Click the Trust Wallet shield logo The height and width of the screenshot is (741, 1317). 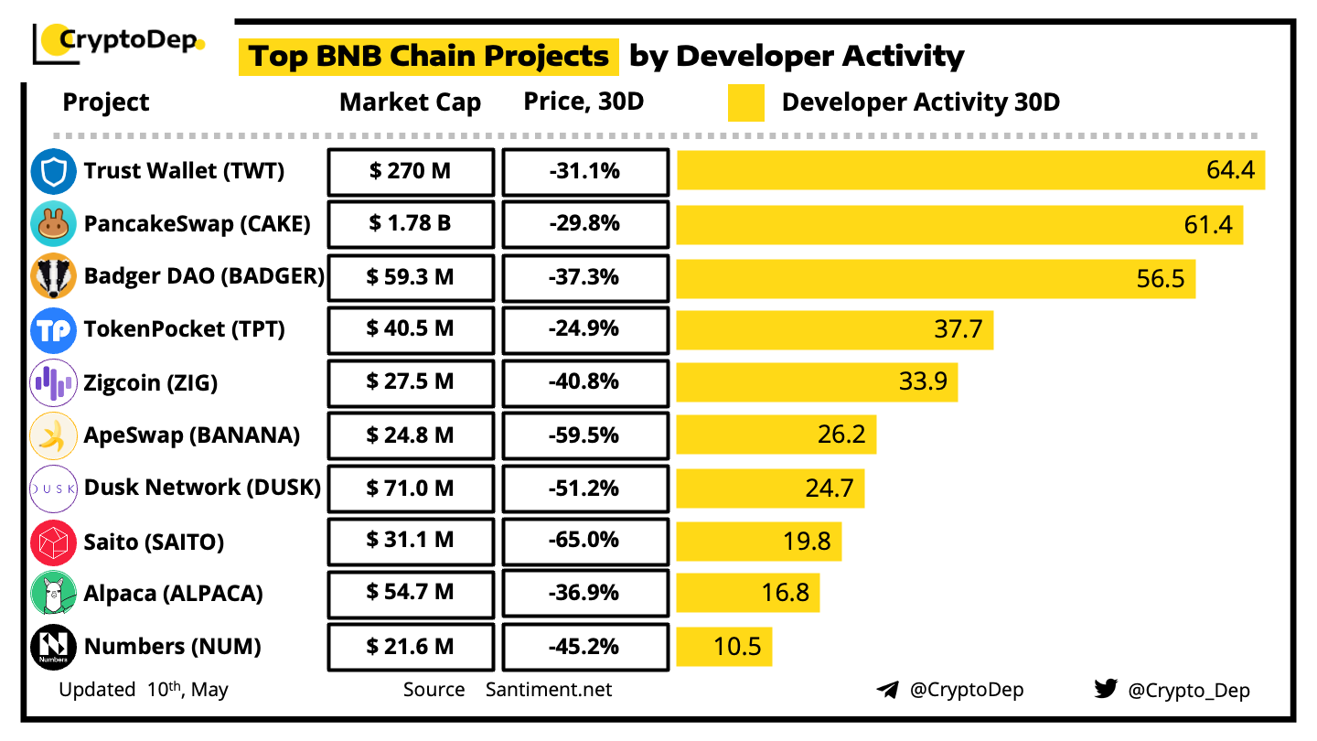point(53,171)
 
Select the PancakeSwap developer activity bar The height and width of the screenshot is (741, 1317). point(959,223)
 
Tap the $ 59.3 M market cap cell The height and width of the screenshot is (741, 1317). point(411,276)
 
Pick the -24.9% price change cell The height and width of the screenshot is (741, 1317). point(585,328)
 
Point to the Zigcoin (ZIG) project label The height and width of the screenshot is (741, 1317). point(151,382)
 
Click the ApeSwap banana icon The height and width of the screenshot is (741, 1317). point(53,435)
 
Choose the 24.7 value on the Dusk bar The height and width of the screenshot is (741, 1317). point(830,489)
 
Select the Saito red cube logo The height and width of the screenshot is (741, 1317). point(53,542)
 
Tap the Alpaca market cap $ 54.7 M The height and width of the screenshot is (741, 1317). point(411,593)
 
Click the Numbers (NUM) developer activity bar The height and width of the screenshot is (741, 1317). point(724,647)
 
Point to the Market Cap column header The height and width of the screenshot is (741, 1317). point(410,102)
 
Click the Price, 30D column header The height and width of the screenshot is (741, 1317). point(584,102)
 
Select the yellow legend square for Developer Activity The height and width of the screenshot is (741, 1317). point(746,103)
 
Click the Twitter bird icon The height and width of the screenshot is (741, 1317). point(1106,689)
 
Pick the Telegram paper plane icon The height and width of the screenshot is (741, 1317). point(887,690)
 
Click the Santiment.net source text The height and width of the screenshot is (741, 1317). point(549,690)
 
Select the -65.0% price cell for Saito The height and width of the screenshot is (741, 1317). point(585,541)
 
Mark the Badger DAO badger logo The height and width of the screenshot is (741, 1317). point(53,276)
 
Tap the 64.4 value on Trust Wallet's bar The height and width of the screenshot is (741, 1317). point(1230,170)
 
